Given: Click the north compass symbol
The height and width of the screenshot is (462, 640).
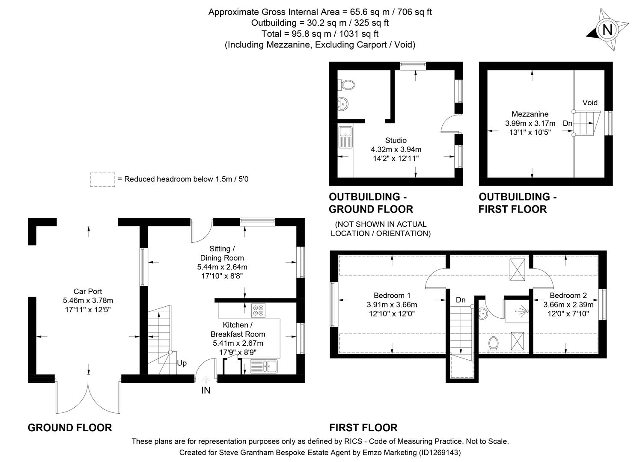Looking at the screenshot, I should (607, 30).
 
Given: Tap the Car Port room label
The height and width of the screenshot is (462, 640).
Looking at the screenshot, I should (88, 291).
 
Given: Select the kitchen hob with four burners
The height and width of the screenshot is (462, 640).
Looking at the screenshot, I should (258, 310).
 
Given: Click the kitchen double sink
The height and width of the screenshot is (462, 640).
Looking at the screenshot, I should (264, 366).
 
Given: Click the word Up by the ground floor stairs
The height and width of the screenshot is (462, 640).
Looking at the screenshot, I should (182, 363).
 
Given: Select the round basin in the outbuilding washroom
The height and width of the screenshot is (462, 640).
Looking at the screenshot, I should (343, 103).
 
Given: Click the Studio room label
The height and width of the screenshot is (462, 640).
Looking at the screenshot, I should (396, 140).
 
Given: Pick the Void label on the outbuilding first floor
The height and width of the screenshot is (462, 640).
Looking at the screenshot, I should (589, 103).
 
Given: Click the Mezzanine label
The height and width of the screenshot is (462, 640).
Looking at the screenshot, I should (530, 114).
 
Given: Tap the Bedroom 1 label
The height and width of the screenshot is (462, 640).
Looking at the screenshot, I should (392, 295).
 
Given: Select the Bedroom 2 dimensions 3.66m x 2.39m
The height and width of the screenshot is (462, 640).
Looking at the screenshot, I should (568, 305).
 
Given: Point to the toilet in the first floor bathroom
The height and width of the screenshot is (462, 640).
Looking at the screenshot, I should (493, 344).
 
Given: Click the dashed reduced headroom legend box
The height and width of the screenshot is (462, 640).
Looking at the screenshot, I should (102, 179).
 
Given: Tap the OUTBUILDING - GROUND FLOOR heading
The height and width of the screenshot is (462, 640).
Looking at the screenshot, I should (371, 203).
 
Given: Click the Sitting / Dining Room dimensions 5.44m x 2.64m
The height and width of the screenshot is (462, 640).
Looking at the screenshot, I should (222, 267).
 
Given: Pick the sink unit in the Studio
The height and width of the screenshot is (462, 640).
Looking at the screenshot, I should (345, 137).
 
